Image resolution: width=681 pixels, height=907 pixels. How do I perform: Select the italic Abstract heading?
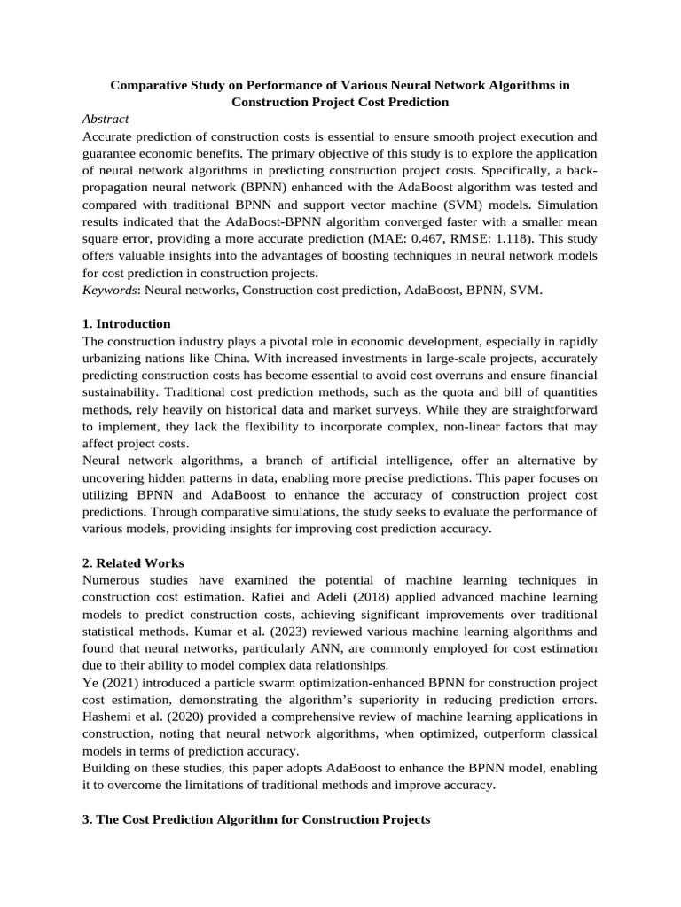(106, 119)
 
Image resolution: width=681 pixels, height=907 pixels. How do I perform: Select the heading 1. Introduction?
(126, 323)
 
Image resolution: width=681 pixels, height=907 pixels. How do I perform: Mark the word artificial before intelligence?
(355, 461)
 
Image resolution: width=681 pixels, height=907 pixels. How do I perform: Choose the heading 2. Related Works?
(132, 563)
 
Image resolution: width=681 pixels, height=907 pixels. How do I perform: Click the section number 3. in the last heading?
(87, 820)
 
